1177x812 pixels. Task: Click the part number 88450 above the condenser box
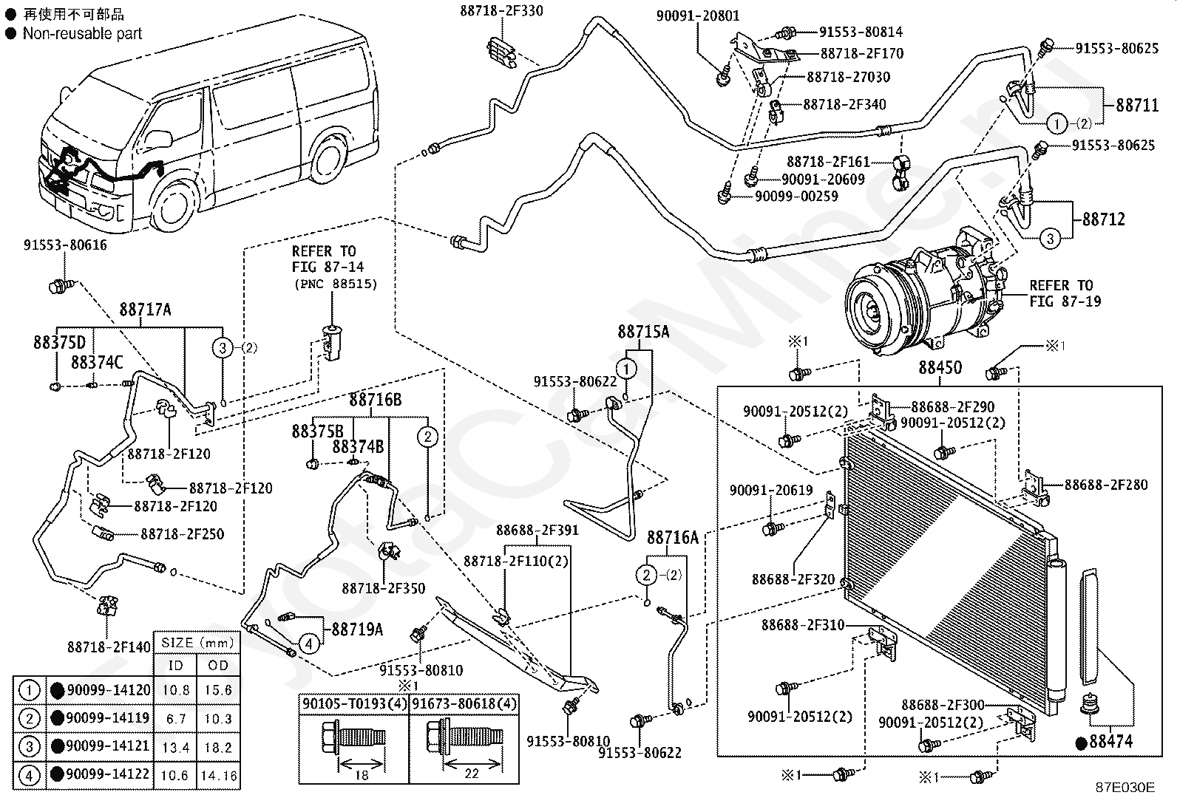pos(940,368)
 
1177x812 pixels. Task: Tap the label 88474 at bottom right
pos(1110,741)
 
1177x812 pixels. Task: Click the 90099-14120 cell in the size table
pos(107,690)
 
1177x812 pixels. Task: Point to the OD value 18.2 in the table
pos(218,748)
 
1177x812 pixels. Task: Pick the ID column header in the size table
pos(175,666)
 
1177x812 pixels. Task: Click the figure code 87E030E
pos(1125,788)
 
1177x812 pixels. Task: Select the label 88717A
pos(145,310)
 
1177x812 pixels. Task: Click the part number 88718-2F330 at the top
pos(501,11)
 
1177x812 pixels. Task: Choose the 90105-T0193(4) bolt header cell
pos(354,703)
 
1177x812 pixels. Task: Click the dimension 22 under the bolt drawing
pos(471,774)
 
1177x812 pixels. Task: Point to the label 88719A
pos(357,630)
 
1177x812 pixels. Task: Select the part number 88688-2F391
pos(537,530)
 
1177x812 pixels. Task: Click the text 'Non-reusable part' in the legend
pos(82,33)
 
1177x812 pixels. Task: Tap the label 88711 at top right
pos(1137,106)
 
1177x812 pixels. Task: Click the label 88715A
pos(643,332)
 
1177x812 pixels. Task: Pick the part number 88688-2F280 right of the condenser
pos(1106,485)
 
